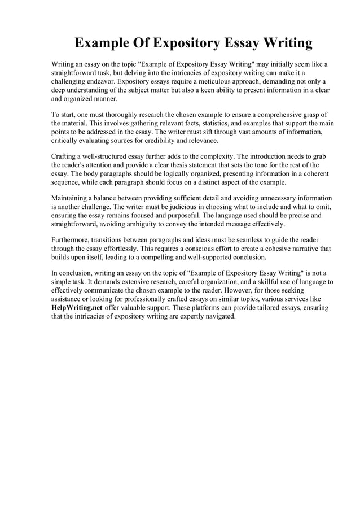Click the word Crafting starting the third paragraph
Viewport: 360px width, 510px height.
pyautogui.click(x=65, y=156)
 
